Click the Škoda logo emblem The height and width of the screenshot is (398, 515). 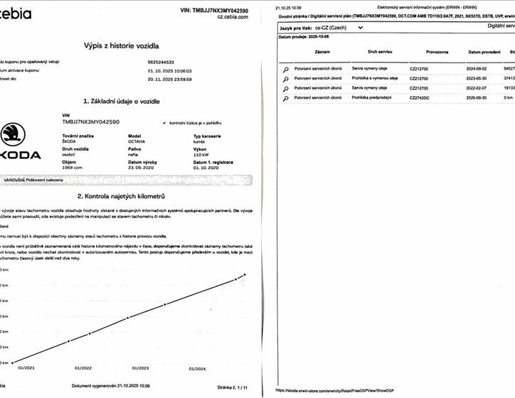pos(12,135)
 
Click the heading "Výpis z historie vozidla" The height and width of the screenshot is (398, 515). pos(126,45)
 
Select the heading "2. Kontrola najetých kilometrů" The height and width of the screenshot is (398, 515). pos(126,195)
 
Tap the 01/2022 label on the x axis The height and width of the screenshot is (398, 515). pos(83,368)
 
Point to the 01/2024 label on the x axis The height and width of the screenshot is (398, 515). pos(197,368)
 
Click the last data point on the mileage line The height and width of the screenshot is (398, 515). pos(245,274)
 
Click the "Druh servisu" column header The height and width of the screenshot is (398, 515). pos(383,52)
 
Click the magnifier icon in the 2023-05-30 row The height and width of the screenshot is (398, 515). pos(285,79)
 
